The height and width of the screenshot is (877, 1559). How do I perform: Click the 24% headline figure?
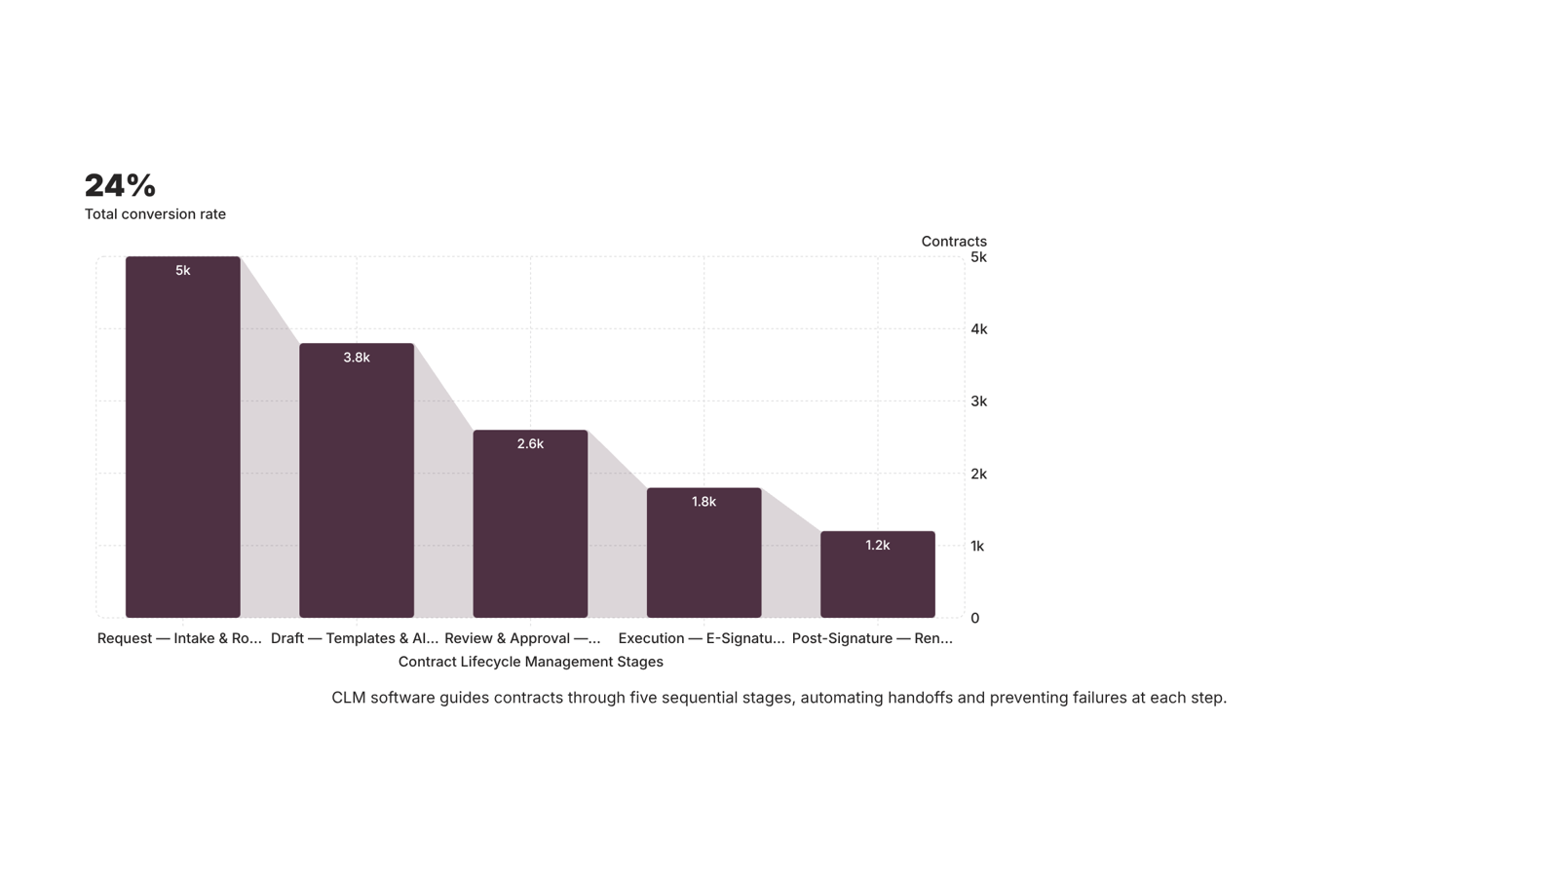121,186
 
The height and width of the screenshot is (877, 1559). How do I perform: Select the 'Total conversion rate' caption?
155,214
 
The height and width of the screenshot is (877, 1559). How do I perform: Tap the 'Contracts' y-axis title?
954,242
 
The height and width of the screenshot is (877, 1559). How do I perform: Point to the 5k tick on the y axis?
978,257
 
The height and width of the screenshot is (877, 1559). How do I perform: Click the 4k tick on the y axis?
978,329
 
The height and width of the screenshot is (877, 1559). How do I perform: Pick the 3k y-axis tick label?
978,401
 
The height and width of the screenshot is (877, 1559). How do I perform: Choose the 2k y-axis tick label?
978,474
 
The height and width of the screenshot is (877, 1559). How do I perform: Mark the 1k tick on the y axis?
977,547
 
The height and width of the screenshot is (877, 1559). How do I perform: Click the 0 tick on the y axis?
975,618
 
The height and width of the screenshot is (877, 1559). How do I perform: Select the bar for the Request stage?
183,438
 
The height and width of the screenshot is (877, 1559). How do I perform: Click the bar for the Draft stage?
357,480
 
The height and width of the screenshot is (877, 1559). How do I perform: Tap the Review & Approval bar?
530,523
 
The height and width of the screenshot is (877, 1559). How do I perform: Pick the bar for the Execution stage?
703,553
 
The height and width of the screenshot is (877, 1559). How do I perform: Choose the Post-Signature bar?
878,574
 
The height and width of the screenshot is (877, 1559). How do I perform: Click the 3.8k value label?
357,358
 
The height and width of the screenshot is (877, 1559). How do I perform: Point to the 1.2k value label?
878,546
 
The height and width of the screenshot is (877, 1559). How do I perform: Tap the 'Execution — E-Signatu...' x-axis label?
702,638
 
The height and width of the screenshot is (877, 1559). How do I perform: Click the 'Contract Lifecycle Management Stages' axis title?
530,662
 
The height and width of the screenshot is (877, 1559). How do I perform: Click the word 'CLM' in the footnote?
349,698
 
